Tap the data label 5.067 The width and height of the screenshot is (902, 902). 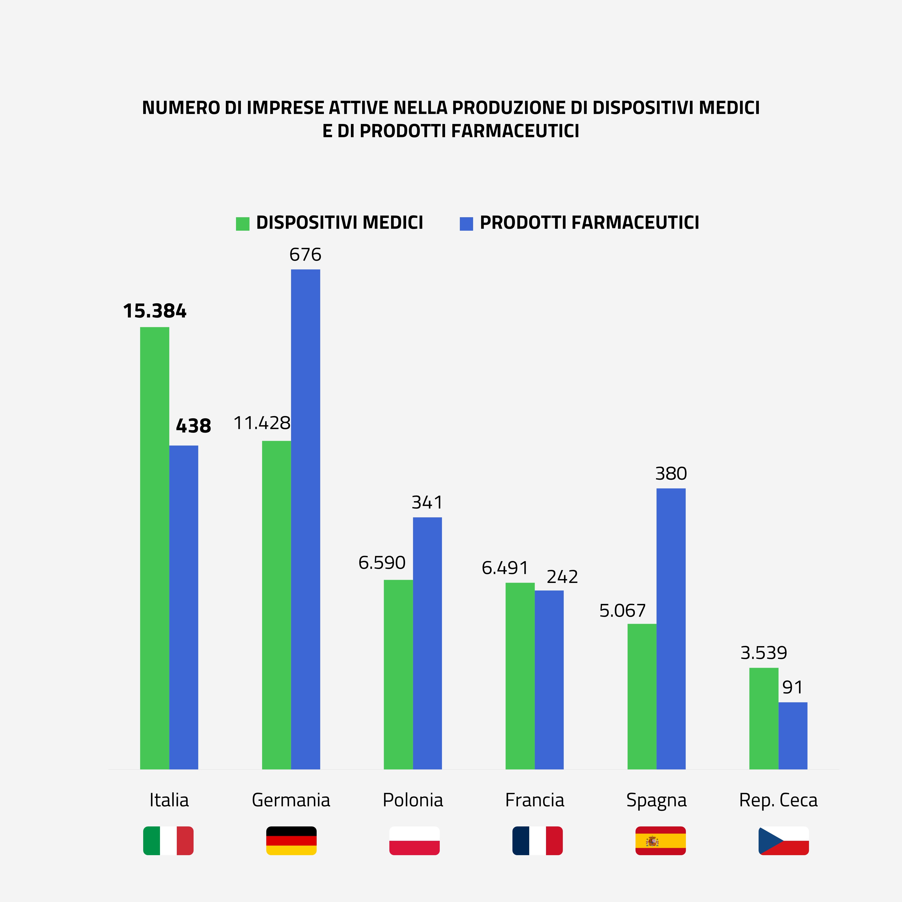coord(622,611)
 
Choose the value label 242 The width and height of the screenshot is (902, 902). coord(562,577)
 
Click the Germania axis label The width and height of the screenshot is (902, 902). coord(291,800)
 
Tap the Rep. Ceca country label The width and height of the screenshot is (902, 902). coord(778,800)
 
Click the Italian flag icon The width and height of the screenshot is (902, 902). coord(168,841)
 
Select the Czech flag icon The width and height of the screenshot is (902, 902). coord(783,841)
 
